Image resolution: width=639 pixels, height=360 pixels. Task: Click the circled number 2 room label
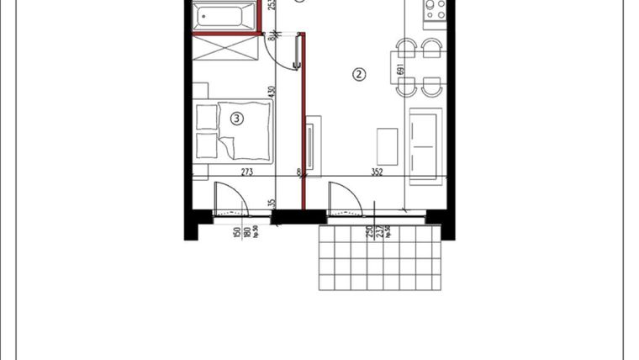click(x=359, y=75)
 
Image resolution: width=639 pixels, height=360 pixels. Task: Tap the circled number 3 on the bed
click(x=237, y=119)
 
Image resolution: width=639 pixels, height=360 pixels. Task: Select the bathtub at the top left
click(x=224, y=17)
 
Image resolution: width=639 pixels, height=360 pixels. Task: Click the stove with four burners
click(x=434, y=10)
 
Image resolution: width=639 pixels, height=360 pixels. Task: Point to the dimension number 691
click(x=401, y=71)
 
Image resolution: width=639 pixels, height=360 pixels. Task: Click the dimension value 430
click(x=272, y=94)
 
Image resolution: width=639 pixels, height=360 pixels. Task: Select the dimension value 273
click(x=247, y=172)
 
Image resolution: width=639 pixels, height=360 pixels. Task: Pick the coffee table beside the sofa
click(x=388, y=146)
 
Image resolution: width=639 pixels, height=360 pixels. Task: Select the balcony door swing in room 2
click(x=345, y=199)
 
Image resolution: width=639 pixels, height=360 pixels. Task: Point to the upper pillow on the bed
click(x=206, y=116)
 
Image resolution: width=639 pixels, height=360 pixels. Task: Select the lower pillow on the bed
click(x=206, y=145)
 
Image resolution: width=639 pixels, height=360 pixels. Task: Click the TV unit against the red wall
click(x=311, y=147)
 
